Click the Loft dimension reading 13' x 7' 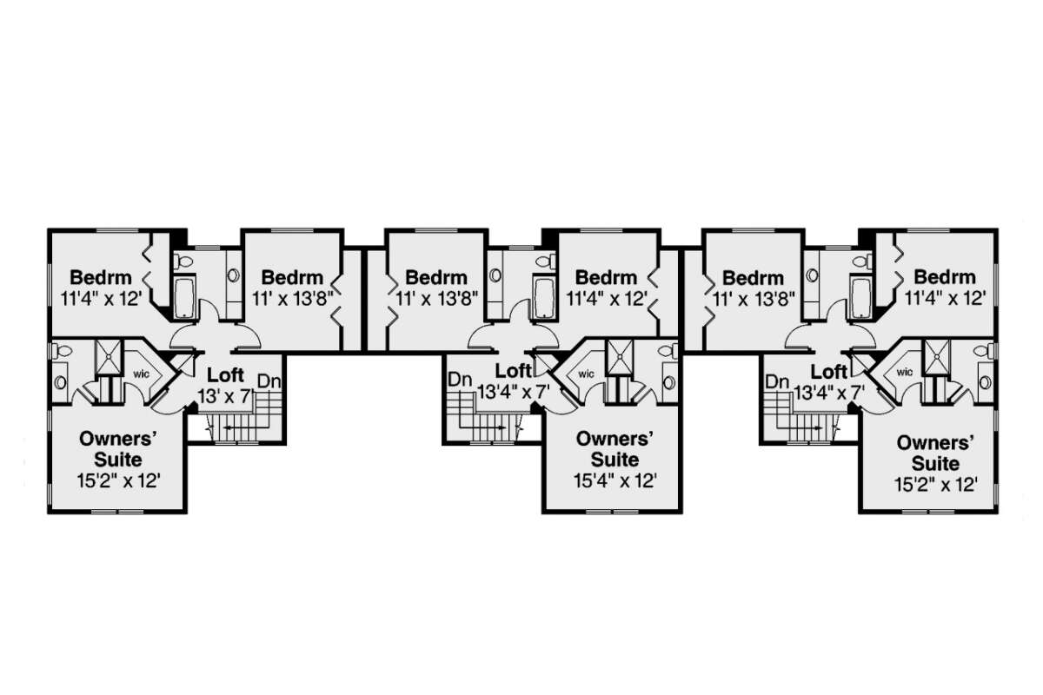[224, 396]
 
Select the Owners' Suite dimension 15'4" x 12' [615, 480]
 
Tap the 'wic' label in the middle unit [586, 374]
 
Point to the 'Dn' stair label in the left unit [269, 381]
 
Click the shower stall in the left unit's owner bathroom [108, 357]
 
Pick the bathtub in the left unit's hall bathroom [185, 297]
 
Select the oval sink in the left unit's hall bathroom [233, 275]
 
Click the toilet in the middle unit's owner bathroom [668, 351]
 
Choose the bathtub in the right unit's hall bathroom [860, 297]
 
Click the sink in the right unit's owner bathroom [984, 382]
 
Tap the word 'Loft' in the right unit [829, 372]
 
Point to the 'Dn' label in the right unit [777, 382]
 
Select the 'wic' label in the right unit [905, 372]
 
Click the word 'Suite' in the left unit [118, 460]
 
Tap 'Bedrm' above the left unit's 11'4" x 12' [101, 277]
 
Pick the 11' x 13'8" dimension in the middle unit [436, 298]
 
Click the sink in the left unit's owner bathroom [61, 382]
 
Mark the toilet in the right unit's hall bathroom [862, 261]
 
